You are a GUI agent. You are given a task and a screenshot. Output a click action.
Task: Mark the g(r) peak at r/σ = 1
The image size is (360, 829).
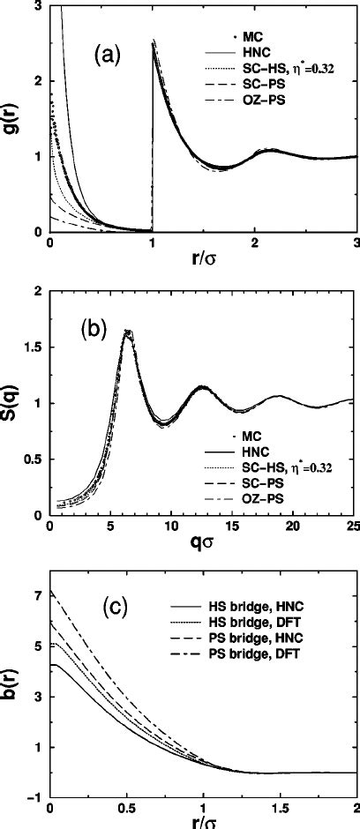coord(154,41)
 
